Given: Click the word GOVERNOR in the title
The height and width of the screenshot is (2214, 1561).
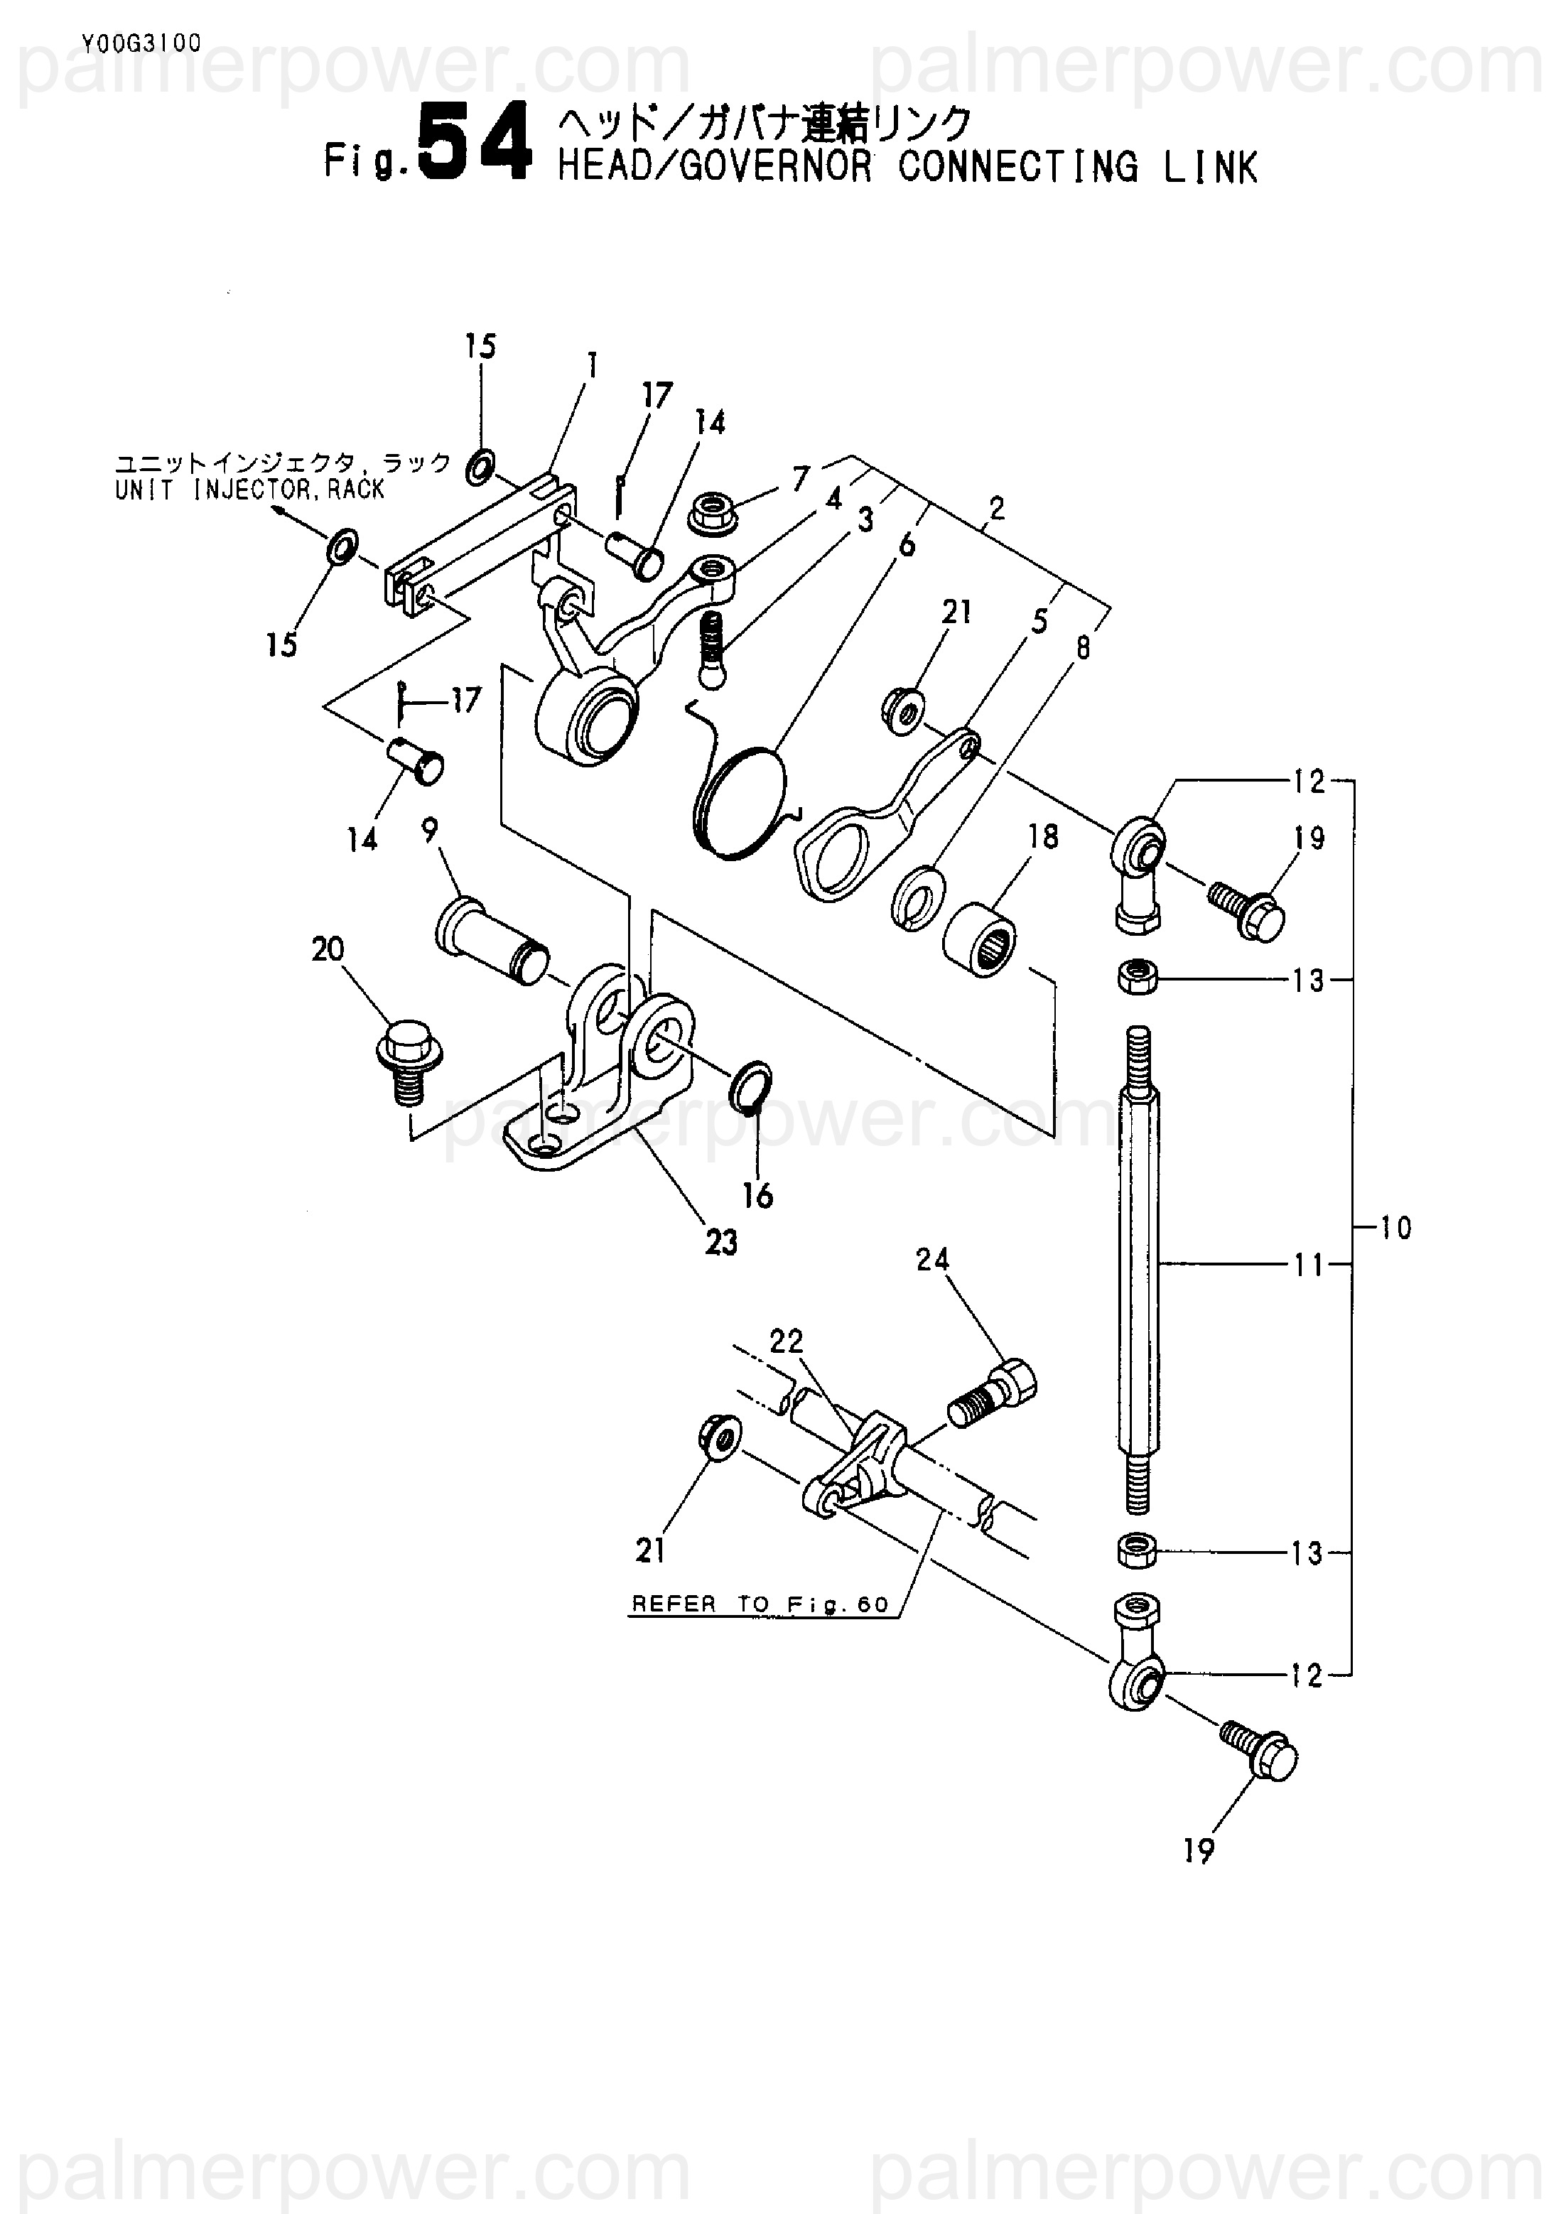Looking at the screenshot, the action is pos(775,168).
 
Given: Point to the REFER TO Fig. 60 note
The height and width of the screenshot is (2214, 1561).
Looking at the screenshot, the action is pos(760,1604).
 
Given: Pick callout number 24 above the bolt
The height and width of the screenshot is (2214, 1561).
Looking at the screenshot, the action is pos(932,1259).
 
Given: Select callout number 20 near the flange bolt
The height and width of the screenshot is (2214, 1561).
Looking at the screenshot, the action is pos(328,950).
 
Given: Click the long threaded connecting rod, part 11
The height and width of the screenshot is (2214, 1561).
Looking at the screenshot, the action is pos(1140,1271).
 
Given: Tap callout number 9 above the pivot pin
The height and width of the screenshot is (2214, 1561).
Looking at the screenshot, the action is pos(429,829).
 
